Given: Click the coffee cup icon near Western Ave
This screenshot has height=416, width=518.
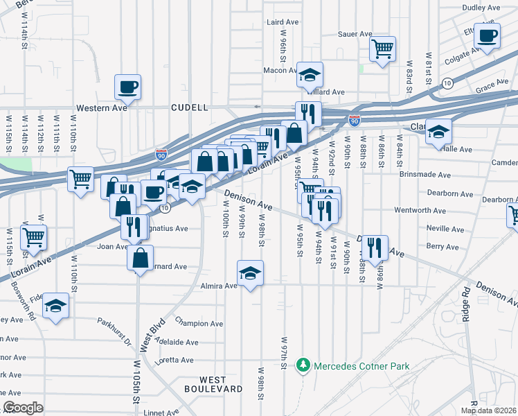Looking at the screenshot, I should pos(128,87).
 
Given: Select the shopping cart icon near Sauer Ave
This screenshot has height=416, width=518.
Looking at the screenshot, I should pos(382,49).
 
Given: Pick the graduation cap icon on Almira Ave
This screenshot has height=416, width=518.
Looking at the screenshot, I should pos(250,272).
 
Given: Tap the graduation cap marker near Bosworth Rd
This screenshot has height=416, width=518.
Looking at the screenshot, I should pos(55,306).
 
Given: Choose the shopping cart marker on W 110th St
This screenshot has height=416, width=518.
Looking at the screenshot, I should pos(80,179).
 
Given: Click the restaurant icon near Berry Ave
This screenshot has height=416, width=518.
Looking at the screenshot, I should pos(375,247).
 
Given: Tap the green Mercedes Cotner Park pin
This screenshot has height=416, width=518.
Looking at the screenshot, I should pos(303,365).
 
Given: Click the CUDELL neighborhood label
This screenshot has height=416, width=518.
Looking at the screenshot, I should pos(190,108).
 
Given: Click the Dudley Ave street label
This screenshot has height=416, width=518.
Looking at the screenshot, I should pos(481,8).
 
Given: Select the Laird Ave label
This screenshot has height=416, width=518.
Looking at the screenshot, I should pos(283,22).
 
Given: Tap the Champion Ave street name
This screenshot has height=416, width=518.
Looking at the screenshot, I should pos(199,323).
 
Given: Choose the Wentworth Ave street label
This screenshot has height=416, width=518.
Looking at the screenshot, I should pos(440,210).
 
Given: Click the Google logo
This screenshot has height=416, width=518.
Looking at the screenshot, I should pos(23,408).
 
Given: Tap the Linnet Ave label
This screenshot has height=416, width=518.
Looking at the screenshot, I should pos(165,413).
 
